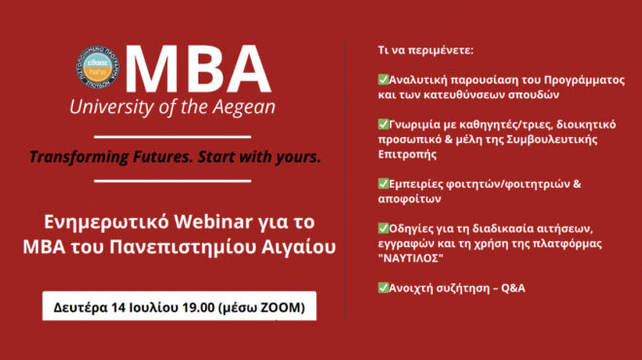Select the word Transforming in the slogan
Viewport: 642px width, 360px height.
(76, 157)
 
